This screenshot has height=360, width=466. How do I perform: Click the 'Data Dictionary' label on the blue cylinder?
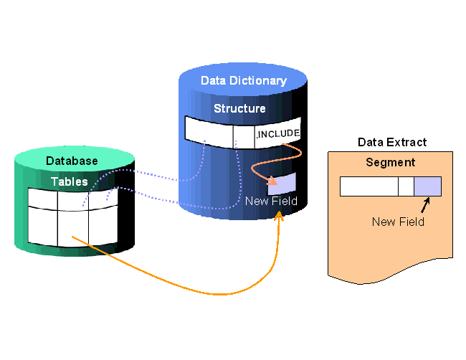click(243, 81)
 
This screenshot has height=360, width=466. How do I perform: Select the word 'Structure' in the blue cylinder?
click(239, 109)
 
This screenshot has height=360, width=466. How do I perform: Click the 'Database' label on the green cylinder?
click(72, 161)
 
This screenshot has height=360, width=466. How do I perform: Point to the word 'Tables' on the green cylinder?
click(70, 182)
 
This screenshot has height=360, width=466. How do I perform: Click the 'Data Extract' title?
click(391, 143)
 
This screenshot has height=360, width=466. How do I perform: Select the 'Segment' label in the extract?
click(390, 163)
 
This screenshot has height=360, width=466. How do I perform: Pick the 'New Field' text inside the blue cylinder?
click(271, 202)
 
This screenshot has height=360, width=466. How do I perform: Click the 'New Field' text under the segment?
click(398, 222)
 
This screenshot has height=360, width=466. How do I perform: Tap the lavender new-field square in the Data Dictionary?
click(282, 184)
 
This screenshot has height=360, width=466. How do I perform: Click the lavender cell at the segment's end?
click(427, 186)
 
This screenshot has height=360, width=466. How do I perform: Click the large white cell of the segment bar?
click(368, 186)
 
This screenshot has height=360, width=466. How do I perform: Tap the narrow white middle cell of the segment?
click(406, 186)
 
